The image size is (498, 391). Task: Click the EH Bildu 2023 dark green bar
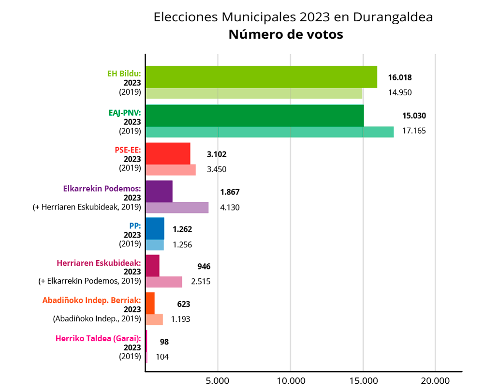[261, 77]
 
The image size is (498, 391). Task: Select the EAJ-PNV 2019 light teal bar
[269, 132]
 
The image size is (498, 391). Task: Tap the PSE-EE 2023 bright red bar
[168, 153]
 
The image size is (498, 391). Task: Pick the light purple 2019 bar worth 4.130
[177, 208]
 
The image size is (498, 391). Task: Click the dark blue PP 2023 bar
[155, 228]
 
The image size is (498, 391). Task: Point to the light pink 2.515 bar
[164, 282]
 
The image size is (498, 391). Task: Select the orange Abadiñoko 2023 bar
[150, 303]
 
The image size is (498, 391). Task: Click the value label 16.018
[399, 77]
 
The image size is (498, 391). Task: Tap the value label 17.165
[414, 130]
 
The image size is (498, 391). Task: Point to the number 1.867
[230, 192]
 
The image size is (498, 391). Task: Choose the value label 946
[204, 266]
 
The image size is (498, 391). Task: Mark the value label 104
[162, 357]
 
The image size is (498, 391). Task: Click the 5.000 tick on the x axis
[218, 380]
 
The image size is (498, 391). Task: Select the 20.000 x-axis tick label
[435, 380]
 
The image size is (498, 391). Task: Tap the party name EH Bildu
[124, 74]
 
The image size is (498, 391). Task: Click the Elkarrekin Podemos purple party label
[102, 189]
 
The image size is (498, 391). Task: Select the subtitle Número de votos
[286, 35]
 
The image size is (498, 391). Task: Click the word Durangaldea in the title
[393, 17]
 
